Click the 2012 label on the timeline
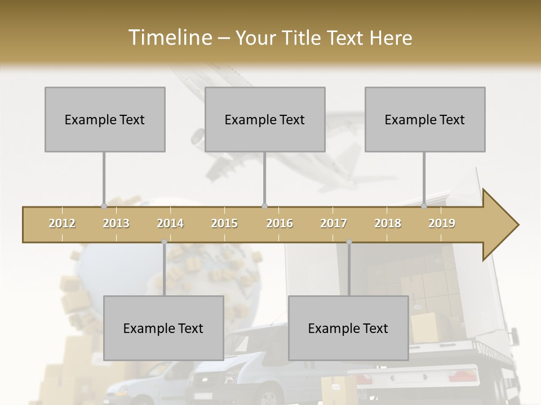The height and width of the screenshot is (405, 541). tap(62, 223)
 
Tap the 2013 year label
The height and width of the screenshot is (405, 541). tap(116, 223)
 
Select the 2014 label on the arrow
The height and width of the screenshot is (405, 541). tap(170, 223)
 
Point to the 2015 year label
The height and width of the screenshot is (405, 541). tap(224, 223)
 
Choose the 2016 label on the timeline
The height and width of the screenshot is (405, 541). tap(280, 223)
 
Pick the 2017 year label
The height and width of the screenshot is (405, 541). tap(334, 223)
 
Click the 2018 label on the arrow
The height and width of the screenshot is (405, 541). tap(388, 223)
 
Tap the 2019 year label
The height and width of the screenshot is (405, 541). tap(442, 223)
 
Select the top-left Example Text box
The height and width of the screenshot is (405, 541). tap(105, 119)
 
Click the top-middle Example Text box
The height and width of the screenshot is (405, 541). tap(265, 119)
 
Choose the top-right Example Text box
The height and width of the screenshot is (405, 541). tap(425, 119)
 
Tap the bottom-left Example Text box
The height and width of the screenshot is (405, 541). tap(163, 328)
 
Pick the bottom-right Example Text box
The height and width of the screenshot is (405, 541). tap(348, 328)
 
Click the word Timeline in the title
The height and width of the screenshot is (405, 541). tap(169, 38)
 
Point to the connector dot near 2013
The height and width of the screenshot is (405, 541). tap(104, 206)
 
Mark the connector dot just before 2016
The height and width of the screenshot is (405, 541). tap(265, 206)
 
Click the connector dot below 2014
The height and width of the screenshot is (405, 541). tap(164, 242)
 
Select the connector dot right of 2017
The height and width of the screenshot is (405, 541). tap(349, 242)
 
